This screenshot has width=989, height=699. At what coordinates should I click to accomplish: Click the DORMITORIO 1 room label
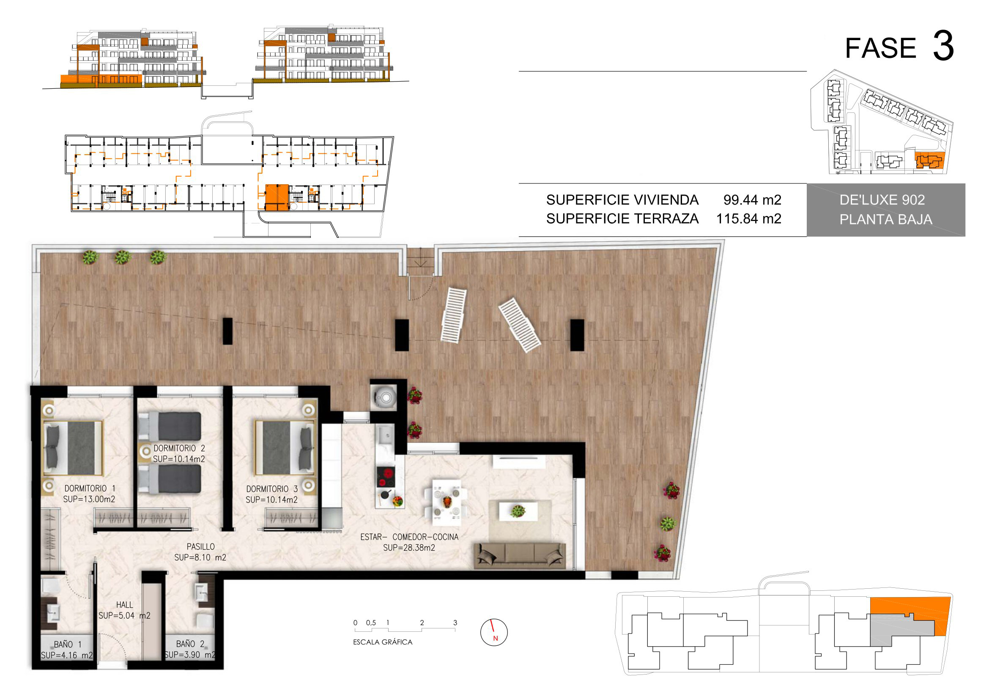click(x=90, y=489)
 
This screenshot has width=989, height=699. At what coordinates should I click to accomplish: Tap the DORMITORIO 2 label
click(x=179, y=448)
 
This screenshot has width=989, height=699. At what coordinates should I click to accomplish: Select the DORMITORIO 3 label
click(x=272, y=489)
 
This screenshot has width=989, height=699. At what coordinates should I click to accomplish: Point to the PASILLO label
click(x=200, y=546)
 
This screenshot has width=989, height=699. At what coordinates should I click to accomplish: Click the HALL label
click(x=124, y=605)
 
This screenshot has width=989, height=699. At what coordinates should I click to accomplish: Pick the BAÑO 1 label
click(x=68, y=644)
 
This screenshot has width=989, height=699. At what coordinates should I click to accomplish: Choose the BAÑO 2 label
click(x=190, y=644)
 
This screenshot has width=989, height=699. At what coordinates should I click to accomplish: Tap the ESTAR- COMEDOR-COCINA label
click(x=409, y=537)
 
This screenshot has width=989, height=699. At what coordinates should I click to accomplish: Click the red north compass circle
click(x=493, y=632)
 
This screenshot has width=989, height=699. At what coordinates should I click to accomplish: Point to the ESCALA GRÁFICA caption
click(x=383, y=642)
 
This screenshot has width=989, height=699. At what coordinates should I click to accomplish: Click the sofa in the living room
click(x=520, y=556)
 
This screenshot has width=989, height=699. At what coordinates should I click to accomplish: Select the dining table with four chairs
click(x=446, y=502)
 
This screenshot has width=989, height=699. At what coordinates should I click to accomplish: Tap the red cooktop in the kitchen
click(x=386, y=476)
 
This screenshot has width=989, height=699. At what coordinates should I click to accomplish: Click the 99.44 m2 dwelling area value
click(x=752, y=200)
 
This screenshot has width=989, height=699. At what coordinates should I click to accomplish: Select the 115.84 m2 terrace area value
click(x=749, y=218)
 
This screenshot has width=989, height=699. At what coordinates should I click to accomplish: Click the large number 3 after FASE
click(x=943, y=46)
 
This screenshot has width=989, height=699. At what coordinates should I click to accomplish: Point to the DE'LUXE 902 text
click(x=882, y=200)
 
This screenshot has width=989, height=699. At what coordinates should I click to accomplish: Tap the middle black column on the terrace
click(x=402, y=335)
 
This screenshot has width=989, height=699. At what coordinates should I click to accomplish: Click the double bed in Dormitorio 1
click(x=73, y=448)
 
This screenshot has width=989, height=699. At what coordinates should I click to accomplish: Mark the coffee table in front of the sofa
click(x=518, y=511)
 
